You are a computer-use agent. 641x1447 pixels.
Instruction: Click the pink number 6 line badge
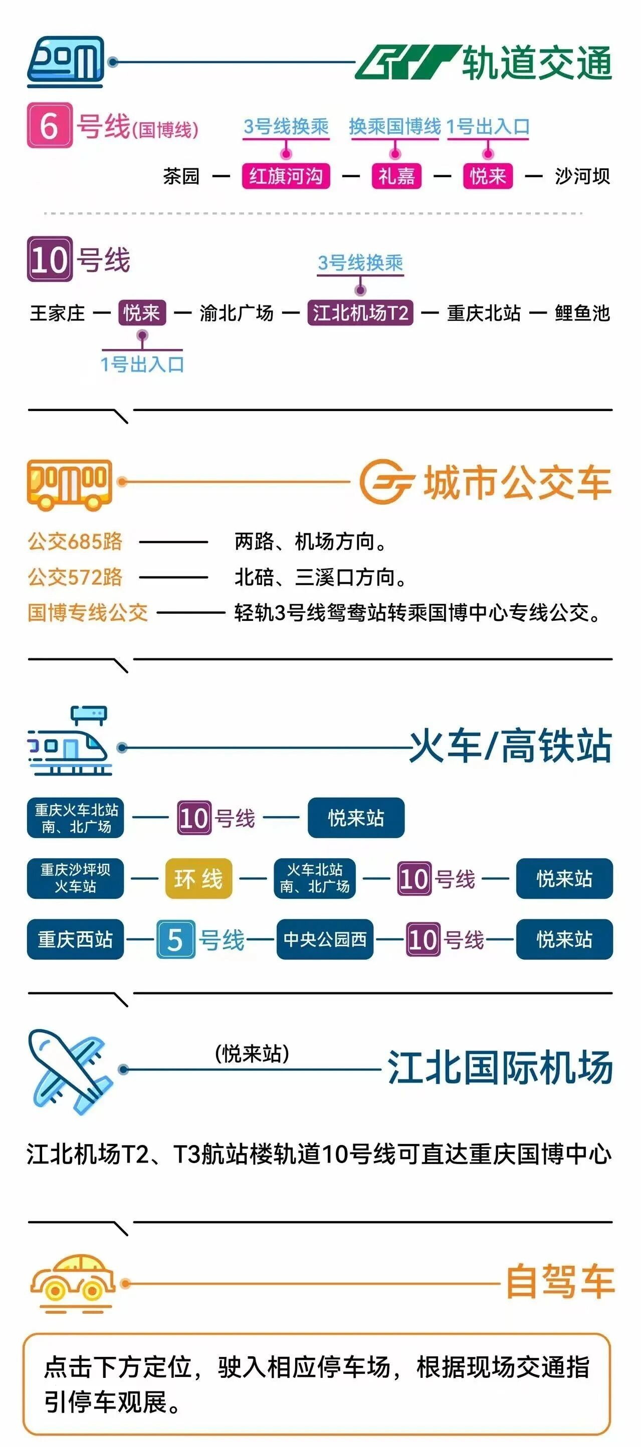pyautogui.click(x=50, y=125)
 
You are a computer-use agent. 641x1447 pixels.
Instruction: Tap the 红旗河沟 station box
pyautogui.click(x=286, y=176)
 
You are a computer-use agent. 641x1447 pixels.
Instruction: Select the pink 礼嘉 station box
pyautogui.click(x=396, y=176)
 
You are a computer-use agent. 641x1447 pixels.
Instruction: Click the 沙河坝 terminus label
pyautogui.click(x=582, y=176)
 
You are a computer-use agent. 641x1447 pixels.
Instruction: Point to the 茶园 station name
pyautogui.click(x=181, y=176)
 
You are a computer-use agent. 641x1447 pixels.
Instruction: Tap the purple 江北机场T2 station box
pyautogui.click(x=360, y=313)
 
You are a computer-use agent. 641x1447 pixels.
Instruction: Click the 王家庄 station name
pyautogui.click(x=57, y=313)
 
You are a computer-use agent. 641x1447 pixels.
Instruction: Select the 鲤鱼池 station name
pyautogui.click(x=582, y=313)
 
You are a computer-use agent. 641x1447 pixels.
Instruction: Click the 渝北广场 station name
pyautogui.click(x=237, y=313)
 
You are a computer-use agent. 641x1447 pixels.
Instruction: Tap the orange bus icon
pyautogui.click(x=70, y=485)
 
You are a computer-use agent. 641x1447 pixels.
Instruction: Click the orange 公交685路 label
pyautogui.click(x=75, y=542)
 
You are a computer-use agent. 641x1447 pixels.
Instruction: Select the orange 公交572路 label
pyautogui.click(x=75, y=577)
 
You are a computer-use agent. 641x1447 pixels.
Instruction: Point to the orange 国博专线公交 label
pyautogui.click(x=88, y=612)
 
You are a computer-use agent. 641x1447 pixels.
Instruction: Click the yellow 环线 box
pyautogui.click(x=198, y=879)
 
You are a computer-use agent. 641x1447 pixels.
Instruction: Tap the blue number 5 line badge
pyautogui.click(x=175, y=939)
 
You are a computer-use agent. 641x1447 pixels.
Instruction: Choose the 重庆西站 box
pyautogui.click(x=75, y=939)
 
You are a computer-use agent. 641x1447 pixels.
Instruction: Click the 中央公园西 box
pyautogui.click(x=325, y=939)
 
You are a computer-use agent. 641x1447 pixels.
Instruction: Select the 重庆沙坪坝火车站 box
pyautogui.click(x=75, y=879)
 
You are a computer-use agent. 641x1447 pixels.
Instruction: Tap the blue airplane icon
pyautogui.click(x=70, y=1072)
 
